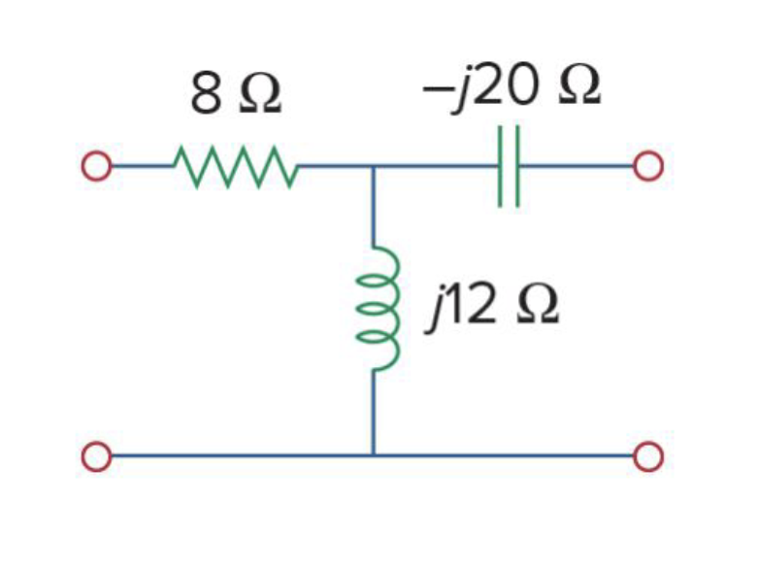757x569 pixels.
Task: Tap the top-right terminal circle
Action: pos(648,166)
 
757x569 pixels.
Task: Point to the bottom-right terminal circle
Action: pos(648,454)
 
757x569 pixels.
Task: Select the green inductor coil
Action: pos(377,309)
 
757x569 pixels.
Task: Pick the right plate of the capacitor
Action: pos(519,166)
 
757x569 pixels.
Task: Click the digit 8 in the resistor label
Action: pos(205,94)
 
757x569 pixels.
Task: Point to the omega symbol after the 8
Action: pos(259,95)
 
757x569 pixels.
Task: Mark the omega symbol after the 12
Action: pos(535,308)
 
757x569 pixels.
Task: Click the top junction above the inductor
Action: pos(373,166)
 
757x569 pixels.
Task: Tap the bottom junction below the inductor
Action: pos(373,454)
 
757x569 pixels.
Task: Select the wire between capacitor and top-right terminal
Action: pos(577,166)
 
